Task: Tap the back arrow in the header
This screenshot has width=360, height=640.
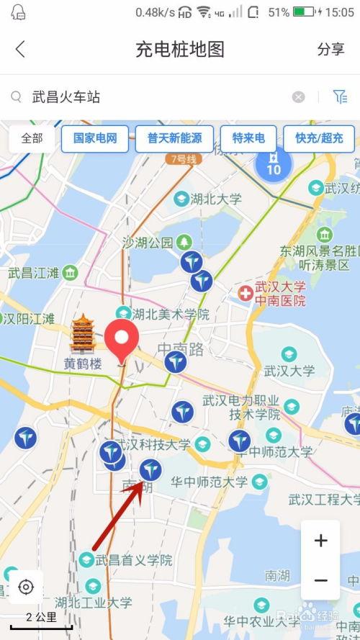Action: (20, 49)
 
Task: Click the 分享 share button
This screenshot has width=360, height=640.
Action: (330, 49)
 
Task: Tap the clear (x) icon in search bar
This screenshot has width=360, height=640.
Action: (298, 97)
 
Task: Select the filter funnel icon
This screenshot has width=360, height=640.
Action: (340, 96)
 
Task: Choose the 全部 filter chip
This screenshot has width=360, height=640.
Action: (32, 138)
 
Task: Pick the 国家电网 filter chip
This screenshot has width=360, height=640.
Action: (94, 138)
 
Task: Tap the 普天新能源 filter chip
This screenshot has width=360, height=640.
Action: (174, 138)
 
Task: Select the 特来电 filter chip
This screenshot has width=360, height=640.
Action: (248, 138)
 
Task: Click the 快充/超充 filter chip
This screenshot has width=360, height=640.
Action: (318, 138)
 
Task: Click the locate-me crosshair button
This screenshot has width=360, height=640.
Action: (26, 587)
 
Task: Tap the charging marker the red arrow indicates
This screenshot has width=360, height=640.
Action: (150, 470)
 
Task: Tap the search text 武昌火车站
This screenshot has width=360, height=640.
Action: (66, 97)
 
